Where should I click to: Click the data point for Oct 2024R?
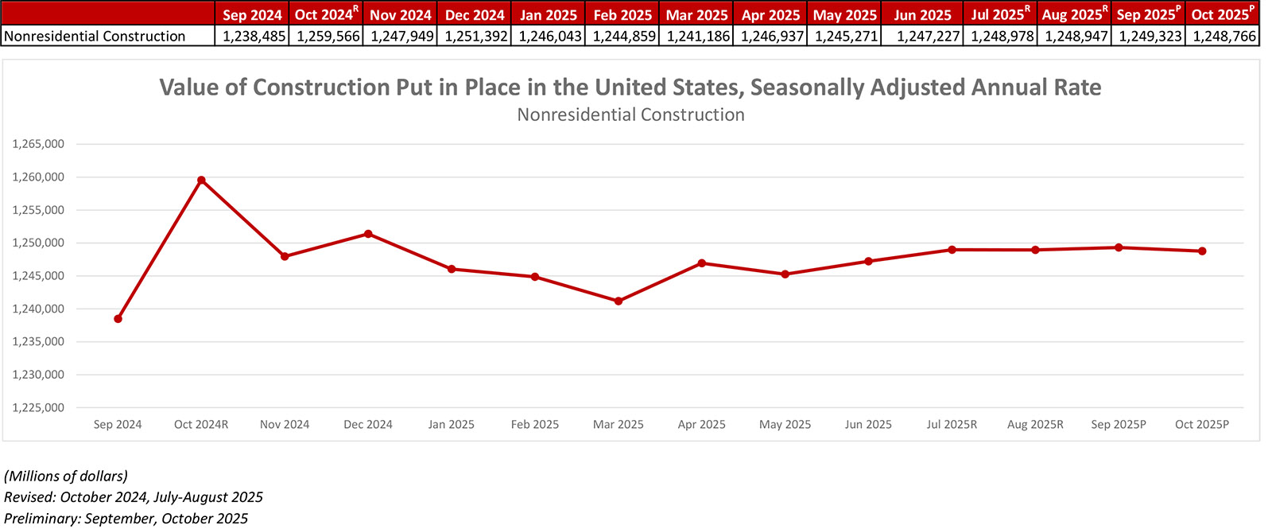coord(201,180)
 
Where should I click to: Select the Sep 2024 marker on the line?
coord(118,319)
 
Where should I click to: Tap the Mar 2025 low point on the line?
coord(619,301)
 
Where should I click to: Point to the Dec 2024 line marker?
coord(368,234)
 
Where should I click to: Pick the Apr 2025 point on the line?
coord(702,263)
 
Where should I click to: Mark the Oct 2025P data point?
coord(1202,251)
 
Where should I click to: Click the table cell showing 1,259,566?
coord(328,36)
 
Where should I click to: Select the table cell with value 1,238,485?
coord(254,36)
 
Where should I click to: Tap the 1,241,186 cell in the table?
coord(697,36)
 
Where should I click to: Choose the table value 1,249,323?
coord(1149,36)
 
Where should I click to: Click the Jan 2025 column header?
coord(549,15)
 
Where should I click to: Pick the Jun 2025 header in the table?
coord(922,15)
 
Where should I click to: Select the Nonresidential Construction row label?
coord(95,36)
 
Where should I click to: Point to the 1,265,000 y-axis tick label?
coord(38,145)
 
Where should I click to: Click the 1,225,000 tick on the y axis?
coord(38,408)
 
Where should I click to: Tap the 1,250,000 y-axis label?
coord(38,243)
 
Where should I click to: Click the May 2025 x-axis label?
coord(785,425)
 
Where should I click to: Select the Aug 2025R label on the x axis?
coord(1035,425)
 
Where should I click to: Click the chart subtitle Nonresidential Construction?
coord(630,115)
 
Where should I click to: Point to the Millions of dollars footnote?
coord(66,476)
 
